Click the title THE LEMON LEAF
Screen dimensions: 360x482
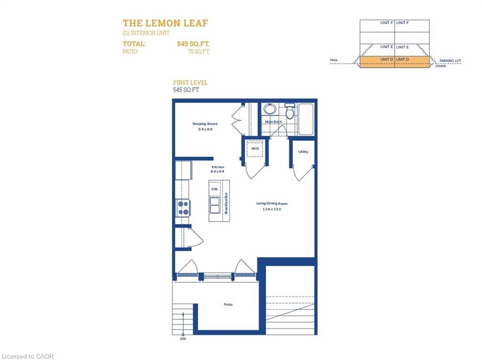[165, 23]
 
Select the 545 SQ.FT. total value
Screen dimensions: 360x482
[193, 44]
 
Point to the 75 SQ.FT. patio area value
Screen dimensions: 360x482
[198, 52]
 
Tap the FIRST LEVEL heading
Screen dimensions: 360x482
[190, 82]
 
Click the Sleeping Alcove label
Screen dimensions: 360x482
[205, 124]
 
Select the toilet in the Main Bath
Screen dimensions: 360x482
[290, 112]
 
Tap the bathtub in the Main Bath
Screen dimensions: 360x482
[306, 119]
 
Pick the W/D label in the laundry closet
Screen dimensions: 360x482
[255, 148]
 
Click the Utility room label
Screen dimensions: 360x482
[303, 152]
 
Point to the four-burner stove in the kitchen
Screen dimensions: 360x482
[183, 208]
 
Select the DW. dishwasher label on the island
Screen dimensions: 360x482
[214, 189]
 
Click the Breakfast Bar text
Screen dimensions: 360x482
[226, 203]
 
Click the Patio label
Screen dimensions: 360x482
[228, 304]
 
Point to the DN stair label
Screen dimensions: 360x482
[183, 338]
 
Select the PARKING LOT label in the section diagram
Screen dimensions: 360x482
[450, 61]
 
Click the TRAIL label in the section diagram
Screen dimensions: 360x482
[334, 61]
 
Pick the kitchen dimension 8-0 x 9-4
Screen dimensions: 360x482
[217, 172]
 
